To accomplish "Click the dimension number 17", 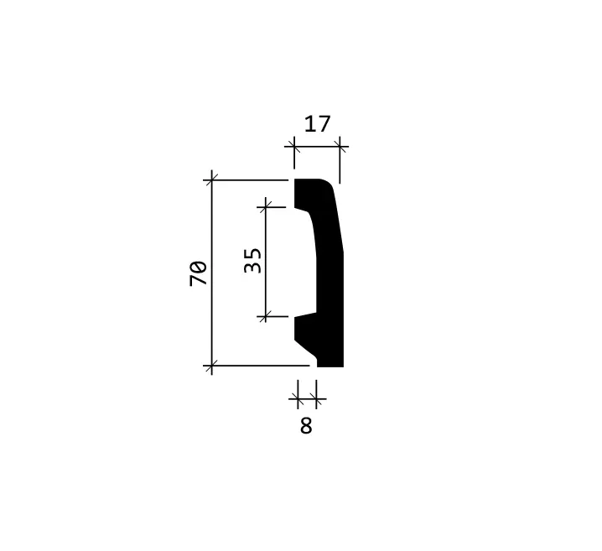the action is pos(317,124).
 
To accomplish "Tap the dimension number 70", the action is pos(198,273).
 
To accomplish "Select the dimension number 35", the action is pos(252,261).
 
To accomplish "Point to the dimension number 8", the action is pos(306,426).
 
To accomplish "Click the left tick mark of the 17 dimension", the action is pos(294,146).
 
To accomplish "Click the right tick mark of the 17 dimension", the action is pos(340,146).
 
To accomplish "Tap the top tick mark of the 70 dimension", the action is pos(211,179).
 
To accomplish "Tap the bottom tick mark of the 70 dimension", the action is pos(211,366).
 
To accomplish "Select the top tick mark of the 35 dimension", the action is pos(266,207).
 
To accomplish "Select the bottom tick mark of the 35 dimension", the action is pos(266,316).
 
